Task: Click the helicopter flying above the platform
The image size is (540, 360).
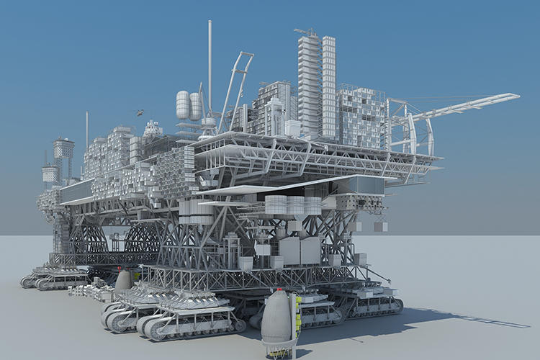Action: pos(139,112)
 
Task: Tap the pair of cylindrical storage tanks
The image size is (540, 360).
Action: pos(189,105)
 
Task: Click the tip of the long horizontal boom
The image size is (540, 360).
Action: pos(513,96)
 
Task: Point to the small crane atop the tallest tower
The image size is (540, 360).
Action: pos(307,32)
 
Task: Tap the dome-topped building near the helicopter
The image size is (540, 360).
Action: pos(153,130)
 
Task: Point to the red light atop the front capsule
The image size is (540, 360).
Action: pos(279,290)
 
